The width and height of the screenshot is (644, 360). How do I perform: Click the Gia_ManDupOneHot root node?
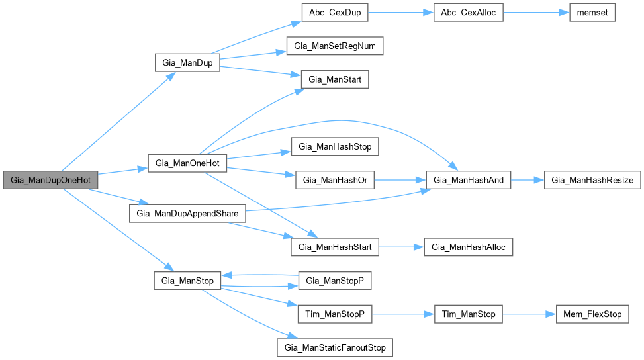coord(50,180)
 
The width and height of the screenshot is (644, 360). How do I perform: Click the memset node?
coord(593,14)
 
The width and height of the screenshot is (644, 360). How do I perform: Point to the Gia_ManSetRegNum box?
coord(335,46)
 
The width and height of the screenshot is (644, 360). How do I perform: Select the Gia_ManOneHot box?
coord(187,163)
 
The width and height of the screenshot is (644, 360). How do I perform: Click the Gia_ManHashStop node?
coord(335,146)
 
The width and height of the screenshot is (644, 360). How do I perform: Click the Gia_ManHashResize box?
coord(592,180)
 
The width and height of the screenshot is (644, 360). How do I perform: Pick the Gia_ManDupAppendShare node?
coord(187,213)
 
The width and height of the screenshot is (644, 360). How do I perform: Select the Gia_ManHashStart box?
coord(335,247)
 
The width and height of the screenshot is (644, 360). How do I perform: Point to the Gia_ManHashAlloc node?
coord(469,247)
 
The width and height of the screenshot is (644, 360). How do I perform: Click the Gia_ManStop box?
coord(187,281)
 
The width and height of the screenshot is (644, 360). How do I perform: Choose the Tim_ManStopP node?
coord(335,314)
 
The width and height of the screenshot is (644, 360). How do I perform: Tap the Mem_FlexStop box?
coord(592,314)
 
